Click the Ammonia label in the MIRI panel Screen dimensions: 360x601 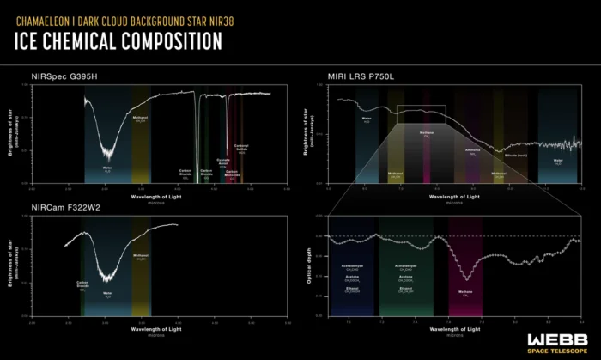472,151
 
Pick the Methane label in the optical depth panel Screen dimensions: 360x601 465,292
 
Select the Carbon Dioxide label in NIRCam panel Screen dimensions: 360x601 82,283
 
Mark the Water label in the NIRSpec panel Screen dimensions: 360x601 107,168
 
